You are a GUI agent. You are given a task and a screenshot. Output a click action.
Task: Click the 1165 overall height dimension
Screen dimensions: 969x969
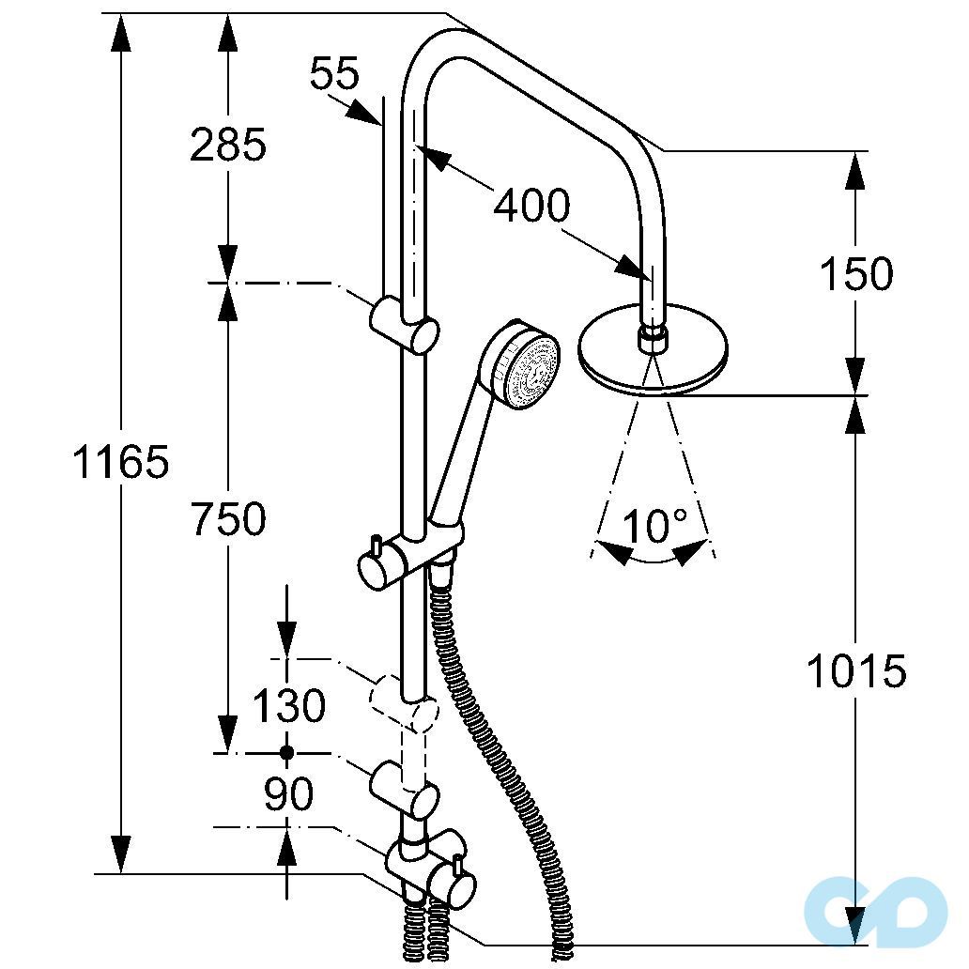tap(121, 463)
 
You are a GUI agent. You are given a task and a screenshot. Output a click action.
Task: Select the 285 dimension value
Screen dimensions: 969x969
tap(228, 145)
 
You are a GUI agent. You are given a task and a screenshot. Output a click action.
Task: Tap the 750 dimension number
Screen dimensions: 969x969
tap(228, 518)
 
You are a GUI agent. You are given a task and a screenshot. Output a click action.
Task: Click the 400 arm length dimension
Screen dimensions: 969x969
tap(531, 205)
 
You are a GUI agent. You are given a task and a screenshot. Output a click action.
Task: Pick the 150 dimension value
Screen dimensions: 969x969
tap(855, 275)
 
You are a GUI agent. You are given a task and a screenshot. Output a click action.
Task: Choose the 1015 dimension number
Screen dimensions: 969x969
tap(857, 671)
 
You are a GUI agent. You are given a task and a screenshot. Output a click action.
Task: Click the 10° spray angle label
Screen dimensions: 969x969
tap(654, 526)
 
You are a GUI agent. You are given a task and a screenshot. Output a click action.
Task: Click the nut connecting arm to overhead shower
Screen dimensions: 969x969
tap(651, 337)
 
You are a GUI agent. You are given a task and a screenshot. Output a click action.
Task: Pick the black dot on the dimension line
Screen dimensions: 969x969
tap(286, 753)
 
